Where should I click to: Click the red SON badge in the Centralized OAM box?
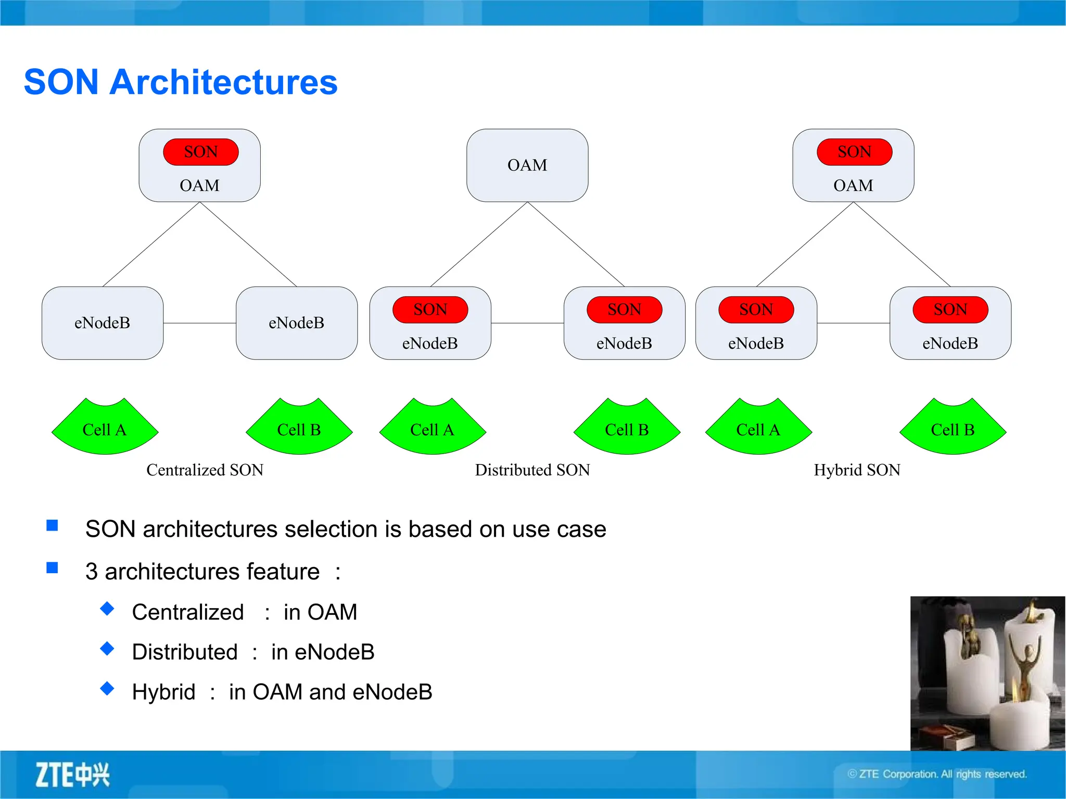pos(200,152)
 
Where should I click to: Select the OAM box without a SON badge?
pos(527,165)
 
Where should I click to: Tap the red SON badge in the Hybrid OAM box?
pos(854,152)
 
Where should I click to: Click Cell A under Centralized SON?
pos(105,429)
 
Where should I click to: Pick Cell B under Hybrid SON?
pos(952,429)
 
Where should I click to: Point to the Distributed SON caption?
pos(532,470)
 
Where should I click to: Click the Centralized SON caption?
pos(205,470)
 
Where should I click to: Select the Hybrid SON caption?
pos(857,470)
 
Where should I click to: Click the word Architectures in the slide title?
pos(223,82)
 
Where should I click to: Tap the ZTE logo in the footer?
pos(72,775)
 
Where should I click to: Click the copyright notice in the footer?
pos(937,774)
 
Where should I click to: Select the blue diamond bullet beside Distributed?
pos(107,649)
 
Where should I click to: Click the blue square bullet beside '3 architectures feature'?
pos(52,568)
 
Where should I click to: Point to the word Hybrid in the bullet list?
pos(163,692)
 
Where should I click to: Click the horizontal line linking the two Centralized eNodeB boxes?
pos(200,323)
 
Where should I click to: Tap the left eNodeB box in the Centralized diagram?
pos(103,323)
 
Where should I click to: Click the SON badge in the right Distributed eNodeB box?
pos(624,310)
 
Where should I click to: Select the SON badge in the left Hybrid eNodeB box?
pos(756,310)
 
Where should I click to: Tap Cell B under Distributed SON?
pos(627,429)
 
